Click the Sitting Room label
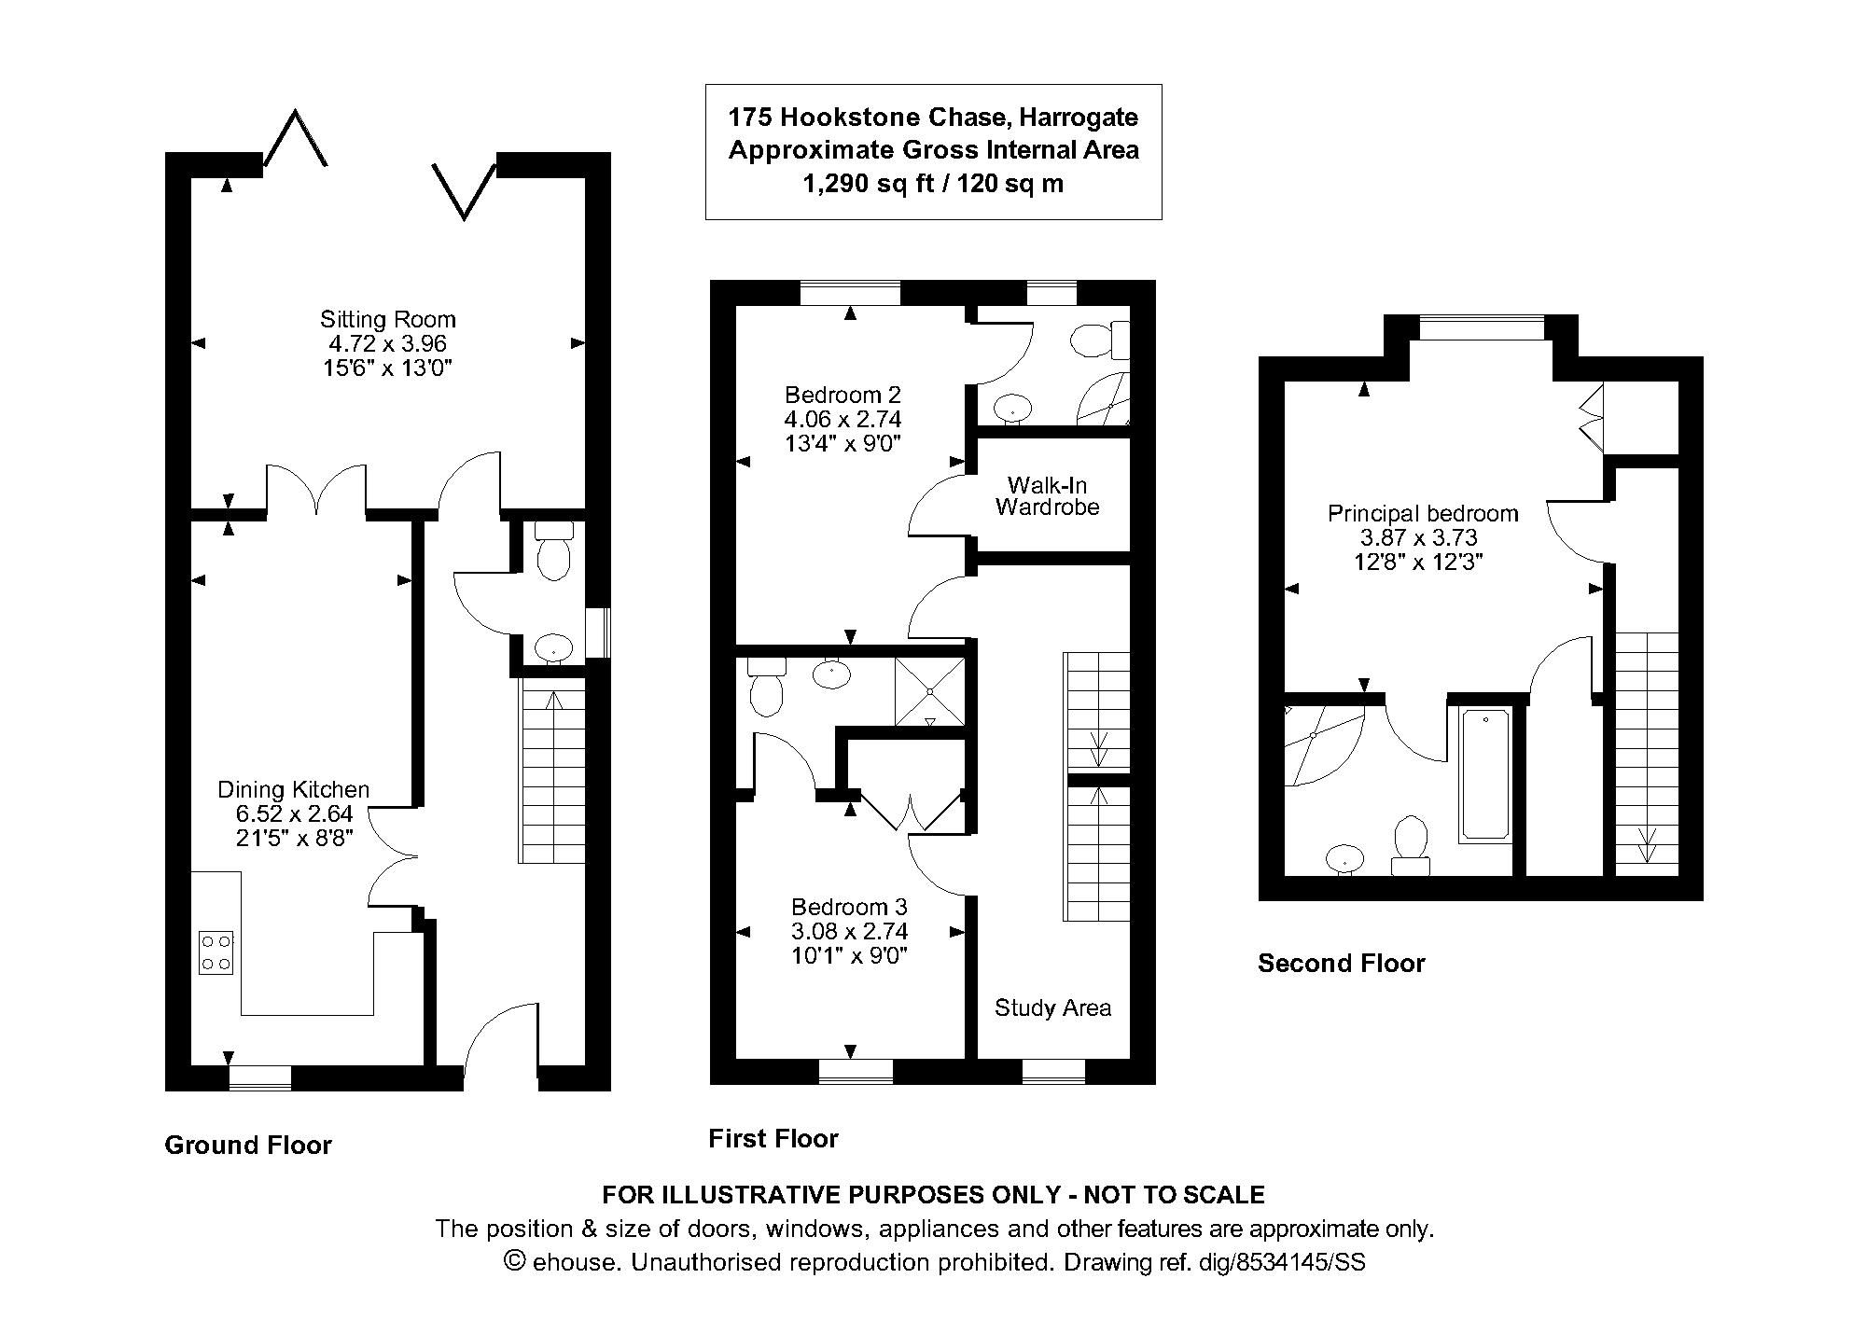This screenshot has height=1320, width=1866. (x=387, y=319)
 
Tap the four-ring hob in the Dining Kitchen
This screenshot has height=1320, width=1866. (x=216, y=952)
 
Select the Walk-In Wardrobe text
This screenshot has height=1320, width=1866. (x=1047, y=496)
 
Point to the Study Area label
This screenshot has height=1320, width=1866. (x=1052, y=1007)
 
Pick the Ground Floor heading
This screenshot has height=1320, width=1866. (x=248, y=1145)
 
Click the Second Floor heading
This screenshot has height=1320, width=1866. (x=1341, y=963)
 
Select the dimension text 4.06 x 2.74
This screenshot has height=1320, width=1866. (x=842, y=419)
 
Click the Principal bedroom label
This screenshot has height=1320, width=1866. (x=1422, y=513)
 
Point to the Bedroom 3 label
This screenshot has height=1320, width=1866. (x=848, y=906)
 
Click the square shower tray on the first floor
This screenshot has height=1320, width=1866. (x=929, y=691)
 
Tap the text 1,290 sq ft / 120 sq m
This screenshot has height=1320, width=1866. (x=933, y=184)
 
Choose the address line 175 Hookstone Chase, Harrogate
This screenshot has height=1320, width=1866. (x=933, y=118)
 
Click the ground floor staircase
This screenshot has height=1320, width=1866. (x=552, y=771)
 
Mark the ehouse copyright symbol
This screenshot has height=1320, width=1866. (x=514, y=1261)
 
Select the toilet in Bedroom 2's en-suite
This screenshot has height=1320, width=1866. (x=1094, y=340)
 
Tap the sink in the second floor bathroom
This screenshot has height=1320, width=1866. (x=1344, y=857)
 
